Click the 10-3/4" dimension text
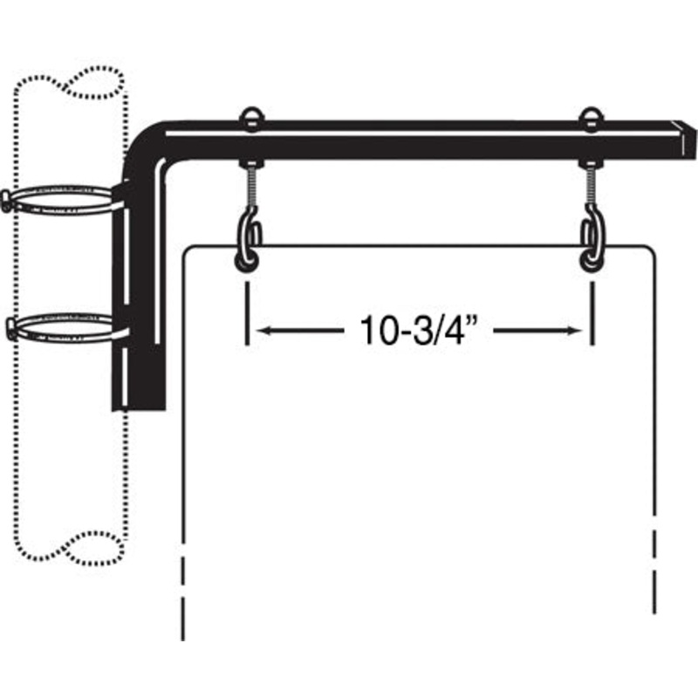pos(421,331)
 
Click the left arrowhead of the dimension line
pos(263,331)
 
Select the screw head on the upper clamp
pos(7,201)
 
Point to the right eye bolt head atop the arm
pos(592,115)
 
